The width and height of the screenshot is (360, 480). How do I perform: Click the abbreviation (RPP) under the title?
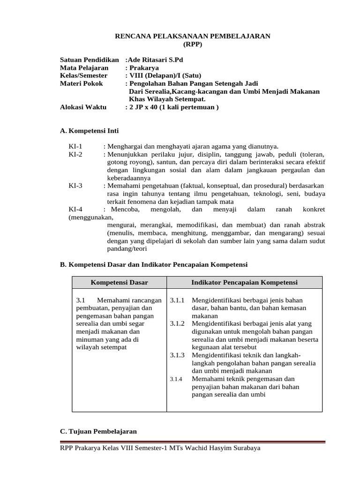(193, 45)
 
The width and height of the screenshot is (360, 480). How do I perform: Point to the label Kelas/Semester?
(84, 75)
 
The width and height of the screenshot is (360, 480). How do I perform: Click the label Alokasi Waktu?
(83, 107)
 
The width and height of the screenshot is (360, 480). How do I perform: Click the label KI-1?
(75, 147)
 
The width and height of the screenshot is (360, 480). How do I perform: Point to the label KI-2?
(75, 154)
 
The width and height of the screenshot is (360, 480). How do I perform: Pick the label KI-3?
(75, 186)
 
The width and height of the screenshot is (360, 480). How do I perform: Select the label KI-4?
(75, 210)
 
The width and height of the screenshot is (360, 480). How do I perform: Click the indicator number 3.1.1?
(178, 300)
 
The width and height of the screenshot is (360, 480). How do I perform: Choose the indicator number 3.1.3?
(178, 355)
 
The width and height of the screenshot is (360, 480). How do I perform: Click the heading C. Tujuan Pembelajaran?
(98, 431)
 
